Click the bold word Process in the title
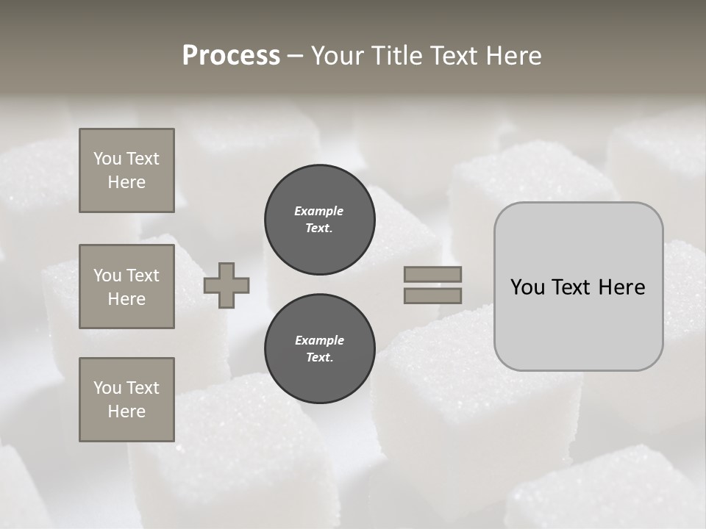click(231, 56)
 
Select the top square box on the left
click(126, 170)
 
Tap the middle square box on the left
click(126, 287)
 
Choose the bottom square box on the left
click(126, 399)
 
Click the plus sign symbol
click(227, 285)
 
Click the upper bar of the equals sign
click(432, 274)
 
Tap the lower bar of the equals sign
click(432, 295)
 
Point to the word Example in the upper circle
click(319, 211)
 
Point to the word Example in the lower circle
click(319, 340)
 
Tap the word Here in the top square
click(126, 182)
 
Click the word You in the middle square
click(107, 276)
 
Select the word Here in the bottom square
click(126, 411)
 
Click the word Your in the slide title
click(339, 56)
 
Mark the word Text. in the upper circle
click(319, 228)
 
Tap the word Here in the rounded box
click(622, 287)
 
